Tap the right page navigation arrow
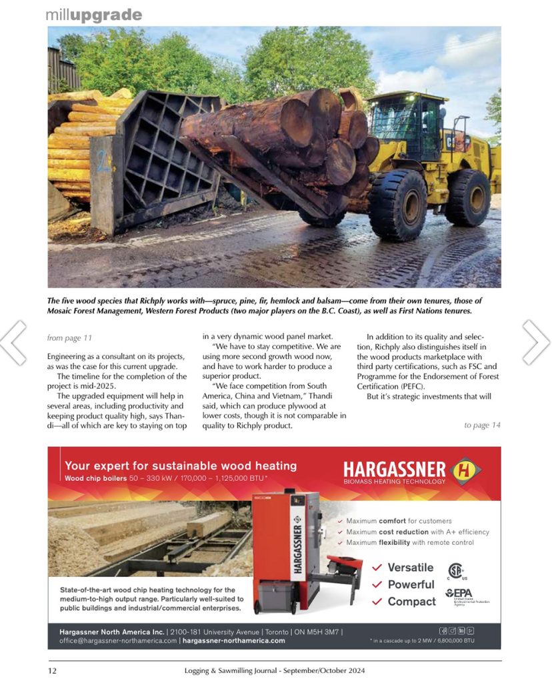click(x=537, y=342)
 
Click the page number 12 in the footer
click(x=51, y=670)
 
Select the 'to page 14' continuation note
click(x=482, y=425)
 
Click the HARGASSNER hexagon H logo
click(x=465, y=470)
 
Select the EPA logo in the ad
click(x=459, y=592)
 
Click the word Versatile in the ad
click(x=411, y=568)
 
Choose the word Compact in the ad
click(x=411, y=602)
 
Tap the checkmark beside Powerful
click(x=377, y=585)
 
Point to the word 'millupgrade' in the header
click(x=93, y=15)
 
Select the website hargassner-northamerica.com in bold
click(x=233, y=640)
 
